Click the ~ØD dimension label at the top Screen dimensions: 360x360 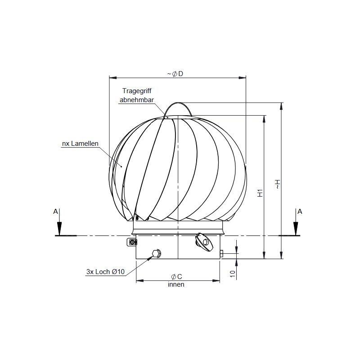pyautogui.click(x=175, y=73)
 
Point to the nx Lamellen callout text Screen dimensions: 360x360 pyautogui.click(x=80, y=144)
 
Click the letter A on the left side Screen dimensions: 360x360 pyautogui.click(x=55, y=211)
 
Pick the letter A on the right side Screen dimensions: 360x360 pyautogui.click(x=300, y=211)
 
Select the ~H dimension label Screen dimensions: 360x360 pyautogui.click(x=278, y=184)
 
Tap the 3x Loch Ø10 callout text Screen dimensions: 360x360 pyautogui.click(x=105, y=272)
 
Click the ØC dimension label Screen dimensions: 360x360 pyautogui.click(x=176, y=276)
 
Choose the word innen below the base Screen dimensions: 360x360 pyautogui.click(x=176, y=284)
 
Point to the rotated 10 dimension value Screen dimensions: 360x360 pyautogui.click(x=233, y=273)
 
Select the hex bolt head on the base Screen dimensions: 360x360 pyautogui.click(x=156, y=253)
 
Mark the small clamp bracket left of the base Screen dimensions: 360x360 pyautogui.click(x=132, y=242)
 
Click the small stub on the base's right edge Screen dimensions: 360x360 pyautogui.click(x=221, y=253)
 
